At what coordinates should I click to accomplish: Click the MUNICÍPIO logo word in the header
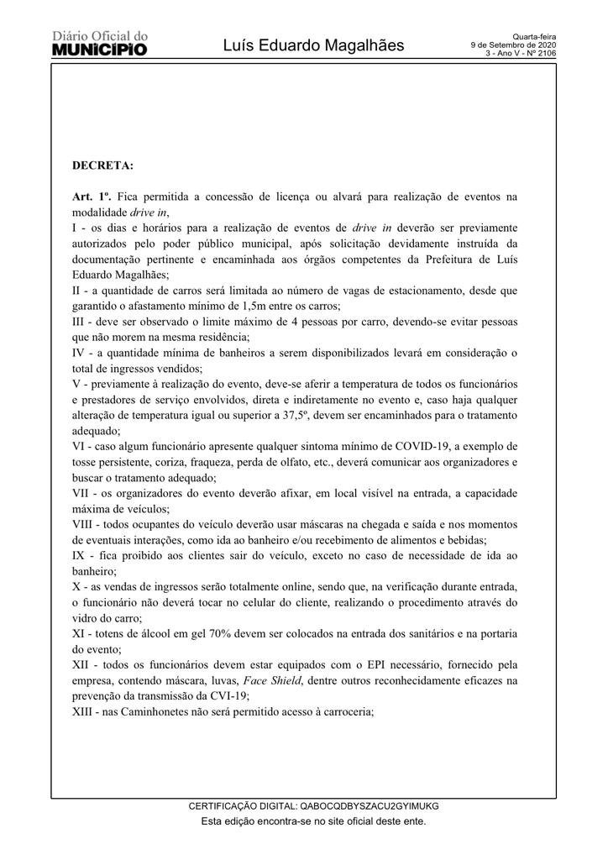[x=100, y=50]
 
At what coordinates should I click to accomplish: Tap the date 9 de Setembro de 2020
[x=513, y=45]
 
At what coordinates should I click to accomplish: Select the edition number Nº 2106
[x=538, y=53]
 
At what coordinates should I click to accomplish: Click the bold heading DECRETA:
[x=102, y=165]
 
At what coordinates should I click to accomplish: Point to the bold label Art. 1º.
[x=92, y=197]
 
